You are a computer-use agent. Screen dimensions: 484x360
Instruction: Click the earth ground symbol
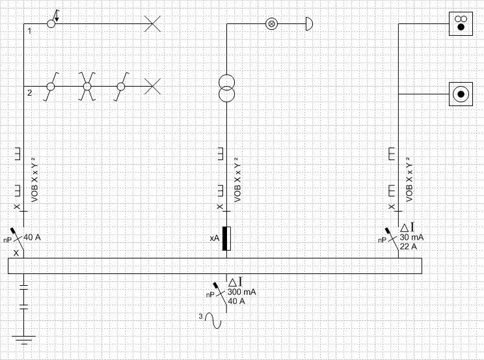pos(23,340)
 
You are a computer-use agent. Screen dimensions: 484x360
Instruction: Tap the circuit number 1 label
pos(30,31)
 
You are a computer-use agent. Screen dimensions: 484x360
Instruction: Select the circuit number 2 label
pos(30,92)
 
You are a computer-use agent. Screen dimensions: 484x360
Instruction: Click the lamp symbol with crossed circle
pos(272,23)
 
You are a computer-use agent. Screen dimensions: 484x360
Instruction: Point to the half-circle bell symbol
pos(309,23)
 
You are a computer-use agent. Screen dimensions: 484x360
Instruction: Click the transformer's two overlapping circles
pos(226,89)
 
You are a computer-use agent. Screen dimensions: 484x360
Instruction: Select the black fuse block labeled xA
pos(226,238)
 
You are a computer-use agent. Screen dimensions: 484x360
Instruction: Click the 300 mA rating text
pos(242,292)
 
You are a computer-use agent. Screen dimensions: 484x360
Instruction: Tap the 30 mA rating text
pos(412,238)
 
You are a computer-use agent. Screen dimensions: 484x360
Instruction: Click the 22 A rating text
pos(409,247)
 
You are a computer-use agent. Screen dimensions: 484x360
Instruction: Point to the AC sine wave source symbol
pos(213,320)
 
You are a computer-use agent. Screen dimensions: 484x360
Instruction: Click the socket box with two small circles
pos(461,23)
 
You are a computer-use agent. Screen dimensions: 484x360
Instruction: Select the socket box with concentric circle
pos(461,94)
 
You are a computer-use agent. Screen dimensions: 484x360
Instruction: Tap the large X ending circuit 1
pos(152,23)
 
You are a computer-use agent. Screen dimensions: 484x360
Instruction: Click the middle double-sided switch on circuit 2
pos(87,86)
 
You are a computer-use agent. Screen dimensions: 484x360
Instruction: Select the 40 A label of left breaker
pos(32,238)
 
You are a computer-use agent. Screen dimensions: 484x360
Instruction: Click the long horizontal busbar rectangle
pos(215,266)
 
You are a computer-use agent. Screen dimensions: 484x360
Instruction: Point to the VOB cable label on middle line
pos(237,180)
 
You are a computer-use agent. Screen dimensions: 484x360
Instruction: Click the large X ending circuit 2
pos(152,86)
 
